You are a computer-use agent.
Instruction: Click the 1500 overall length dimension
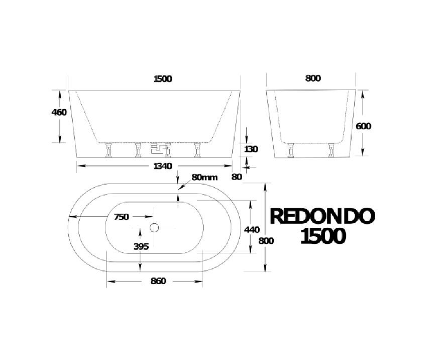(163, 78)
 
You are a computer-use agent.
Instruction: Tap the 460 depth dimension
(59, 112)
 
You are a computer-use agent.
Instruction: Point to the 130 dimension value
(251, 149)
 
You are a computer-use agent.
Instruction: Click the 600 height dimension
(363, 126)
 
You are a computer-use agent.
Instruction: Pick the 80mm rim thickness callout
(204, 177)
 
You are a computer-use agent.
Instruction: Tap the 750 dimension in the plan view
(122, 217)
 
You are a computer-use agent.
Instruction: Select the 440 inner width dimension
(251, 229)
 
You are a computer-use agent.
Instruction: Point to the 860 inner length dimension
(158, 281)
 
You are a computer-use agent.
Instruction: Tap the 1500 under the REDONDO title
(322, 235)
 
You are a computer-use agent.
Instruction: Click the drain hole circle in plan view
(154, 228)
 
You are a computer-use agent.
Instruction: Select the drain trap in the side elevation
(155, 148)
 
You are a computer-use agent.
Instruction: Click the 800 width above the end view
(312, 78)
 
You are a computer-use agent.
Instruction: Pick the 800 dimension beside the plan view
(266, 240)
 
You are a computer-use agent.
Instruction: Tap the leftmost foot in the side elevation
(108, 150)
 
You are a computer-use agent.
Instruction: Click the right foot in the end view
(331, 150)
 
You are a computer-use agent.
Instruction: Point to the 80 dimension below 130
(237, 176)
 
